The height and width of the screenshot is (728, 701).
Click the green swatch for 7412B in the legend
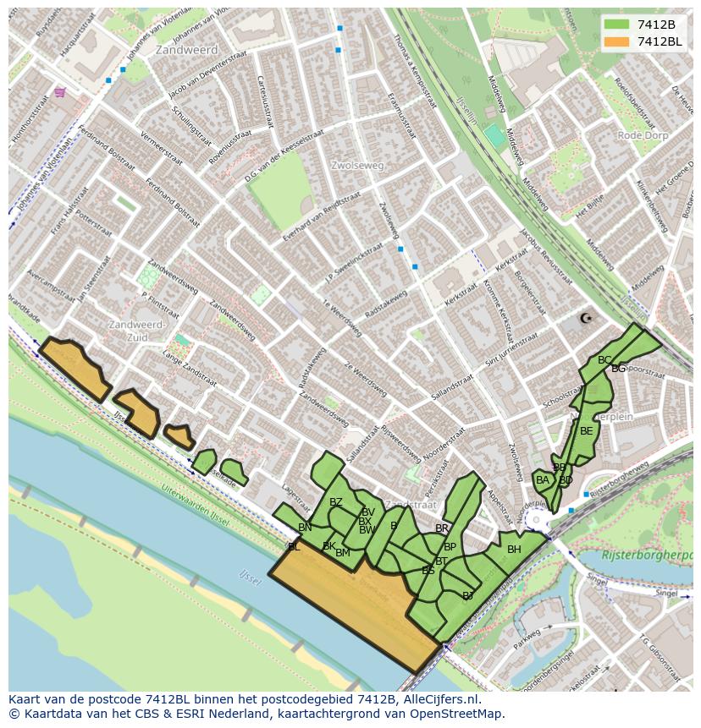coord(615,25)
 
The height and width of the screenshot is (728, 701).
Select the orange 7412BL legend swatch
coord(615,41)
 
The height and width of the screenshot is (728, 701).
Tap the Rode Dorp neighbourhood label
coord(643,135)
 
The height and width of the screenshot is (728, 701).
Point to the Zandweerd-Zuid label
coord(137,331)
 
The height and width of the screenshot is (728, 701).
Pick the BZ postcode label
coord(336,502)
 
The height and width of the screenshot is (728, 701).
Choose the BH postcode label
coord(514,550)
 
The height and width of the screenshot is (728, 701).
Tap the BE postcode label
coord(586,430)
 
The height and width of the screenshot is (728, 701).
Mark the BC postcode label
coord(604,360)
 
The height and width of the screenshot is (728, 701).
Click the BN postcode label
coord(305,528)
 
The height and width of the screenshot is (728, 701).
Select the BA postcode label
coord(543,480)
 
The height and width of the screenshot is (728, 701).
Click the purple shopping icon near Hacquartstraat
coord(59,92)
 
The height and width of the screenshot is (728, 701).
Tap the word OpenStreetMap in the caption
coord(459,714)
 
